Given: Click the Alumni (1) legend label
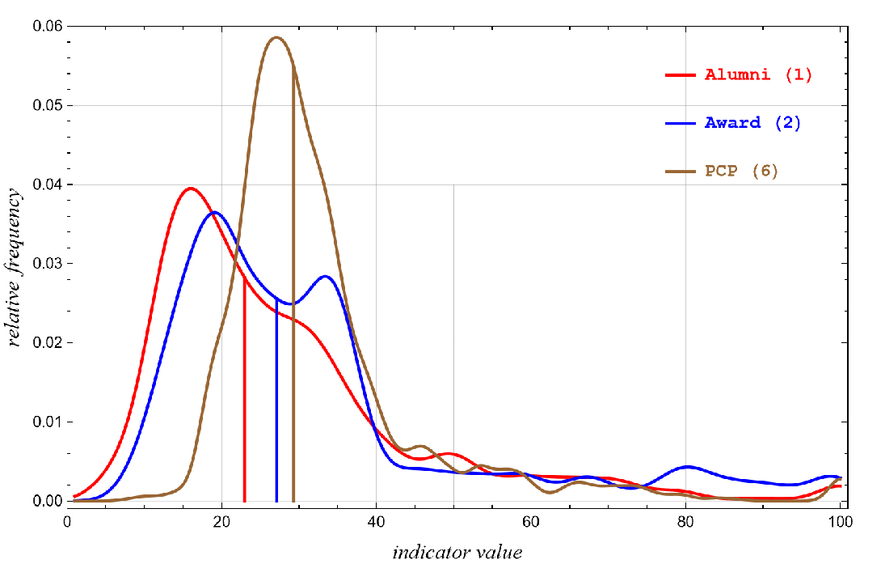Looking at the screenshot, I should click(758, 75).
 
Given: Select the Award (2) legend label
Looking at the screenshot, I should click(752, 123).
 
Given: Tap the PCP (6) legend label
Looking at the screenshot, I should click(741, 172).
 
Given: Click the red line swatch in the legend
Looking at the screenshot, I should click(680, 75).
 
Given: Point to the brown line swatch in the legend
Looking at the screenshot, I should click(680, 172).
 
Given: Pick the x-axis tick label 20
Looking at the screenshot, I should click(221, 522).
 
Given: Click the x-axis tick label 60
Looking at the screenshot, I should click(531, 522).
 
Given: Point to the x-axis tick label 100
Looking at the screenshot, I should click(841, 522).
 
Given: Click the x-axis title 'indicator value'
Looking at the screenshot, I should click(457, 553).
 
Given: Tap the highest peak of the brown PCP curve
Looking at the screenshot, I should click(276, 37).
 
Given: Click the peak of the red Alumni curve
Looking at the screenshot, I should click(191, 189).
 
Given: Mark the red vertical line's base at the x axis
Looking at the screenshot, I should click(245, 502).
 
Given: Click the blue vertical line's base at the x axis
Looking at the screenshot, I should click(276, 502).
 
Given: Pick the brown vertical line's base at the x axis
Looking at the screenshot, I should click(293, 502).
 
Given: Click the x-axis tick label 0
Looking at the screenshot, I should click(68, 522).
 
